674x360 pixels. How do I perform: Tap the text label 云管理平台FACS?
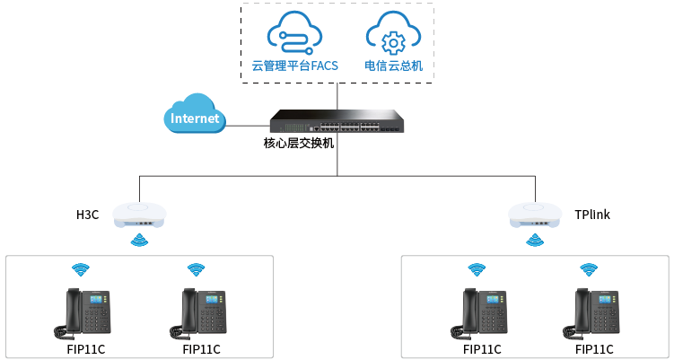(294, 66)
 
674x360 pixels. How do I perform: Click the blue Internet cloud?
(194, 115)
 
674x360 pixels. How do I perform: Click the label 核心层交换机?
(299, 143)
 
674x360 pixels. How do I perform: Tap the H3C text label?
(87, 215)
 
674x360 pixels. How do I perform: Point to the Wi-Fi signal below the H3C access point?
(140, 240)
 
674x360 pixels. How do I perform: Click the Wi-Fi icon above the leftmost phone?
(81, 269)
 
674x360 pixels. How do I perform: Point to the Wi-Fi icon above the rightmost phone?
(588, 269)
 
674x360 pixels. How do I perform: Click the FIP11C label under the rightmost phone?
(594, 349)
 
